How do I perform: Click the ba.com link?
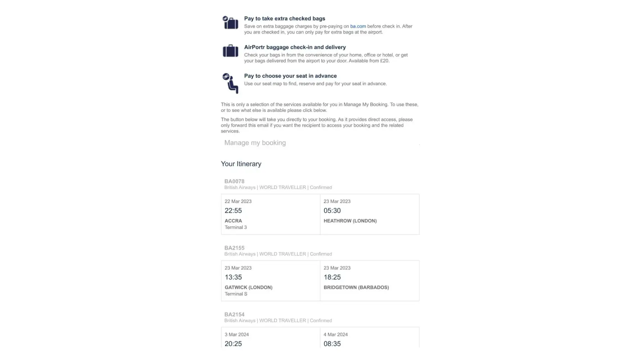click(358, 26)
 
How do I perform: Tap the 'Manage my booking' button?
click(255, 143)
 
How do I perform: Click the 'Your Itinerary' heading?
click(241, 164)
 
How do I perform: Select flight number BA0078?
click(234, 181)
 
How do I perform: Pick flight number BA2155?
click(234, 248)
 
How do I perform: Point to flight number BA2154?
click(234, 315)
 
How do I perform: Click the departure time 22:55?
click(233, 211)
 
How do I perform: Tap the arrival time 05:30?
click(332, 211)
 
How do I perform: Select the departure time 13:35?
click(233, 277)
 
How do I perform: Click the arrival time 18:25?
click(332, 277)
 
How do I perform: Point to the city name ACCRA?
click(233, 221)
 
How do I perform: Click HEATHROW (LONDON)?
click(350, 221)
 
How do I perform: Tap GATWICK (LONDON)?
click(248, 287)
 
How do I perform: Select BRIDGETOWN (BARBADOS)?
click(356, 287)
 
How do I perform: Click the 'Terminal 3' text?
click(236, 227)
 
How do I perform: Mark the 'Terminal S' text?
click(236, 294)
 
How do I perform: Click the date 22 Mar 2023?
click(238, 201)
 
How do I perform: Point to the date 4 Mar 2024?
click(335, 334)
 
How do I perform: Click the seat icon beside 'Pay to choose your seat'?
click(230, 83)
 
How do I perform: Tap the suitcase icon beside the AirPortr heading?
click(230, 51)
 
